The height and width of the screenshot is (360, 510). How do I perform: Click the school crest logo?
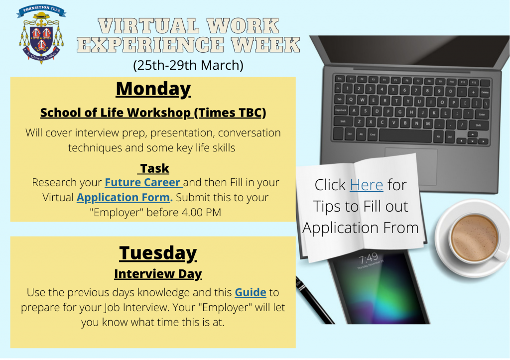41,34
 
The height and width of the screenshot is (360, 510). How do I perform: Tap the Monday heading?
153,89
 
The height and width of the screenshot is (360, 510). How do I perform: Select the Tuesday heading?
158,253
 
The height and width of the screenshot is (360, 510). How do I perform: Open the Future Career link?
143,182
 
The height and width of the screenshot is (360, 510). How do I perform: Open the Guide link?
251,292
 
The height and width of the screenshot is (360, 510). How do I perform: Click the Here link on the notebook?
366,185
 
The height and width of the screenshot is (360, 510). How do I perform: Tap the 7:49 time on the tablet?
368,259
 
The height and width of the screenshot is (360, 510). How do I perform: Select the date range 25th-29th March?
188,65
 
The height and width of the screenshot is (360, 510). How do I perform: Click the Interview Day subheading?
158,274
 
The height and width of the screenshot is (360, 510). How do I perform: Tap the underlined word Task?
154,168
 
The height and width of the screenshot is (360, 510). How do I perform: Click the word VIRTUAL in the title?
148,26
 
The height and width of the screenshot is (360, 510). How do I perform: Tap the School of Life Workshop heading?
153,113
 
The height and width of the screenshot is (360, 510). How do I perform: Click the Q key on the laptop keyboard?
350,100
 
